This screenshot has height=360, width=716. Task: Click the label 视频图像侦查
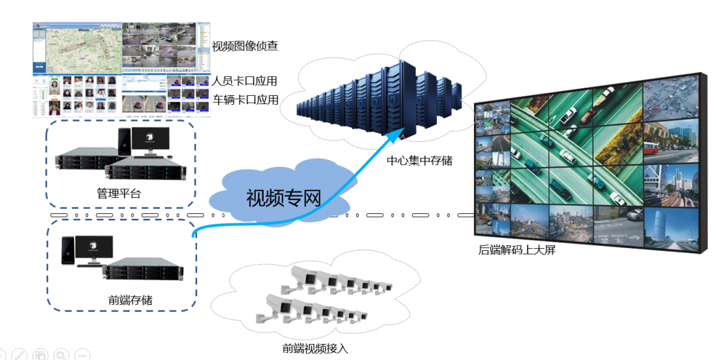[245, 47]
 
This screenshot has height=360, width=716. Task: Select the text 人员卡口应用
[245, 81]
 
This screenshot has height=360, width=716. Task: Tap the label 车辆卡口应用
[245, 100]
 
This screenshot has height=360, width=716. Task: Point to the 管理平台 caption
[119, 193]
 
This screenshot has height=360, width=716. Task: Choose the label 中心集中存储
[420, 161]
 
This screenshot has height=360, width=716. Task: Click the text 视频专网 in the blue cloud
[283, 198]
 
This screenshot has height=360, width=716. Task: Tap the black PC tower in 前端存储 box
[68, 252]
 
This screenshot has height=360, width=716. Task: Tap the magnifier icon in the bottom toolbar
[62, 354]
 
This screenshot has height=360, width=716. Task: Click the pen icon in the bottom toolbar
[20, 354]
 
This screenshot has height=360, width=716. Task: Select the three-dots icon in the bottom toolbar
[83, 354]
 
